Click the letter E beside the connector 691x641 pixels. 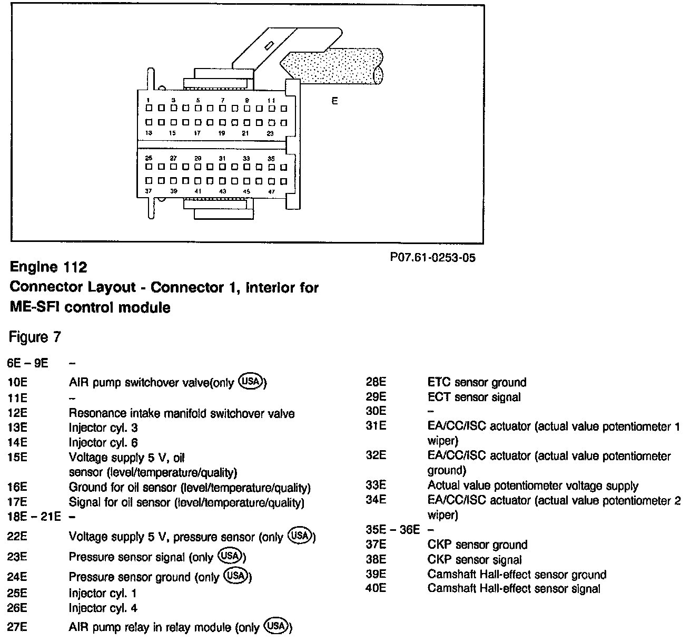coord(334,101)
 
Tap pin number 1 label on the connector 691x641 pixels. coord(149,100)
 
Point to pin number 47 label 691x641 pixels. coord(271,191)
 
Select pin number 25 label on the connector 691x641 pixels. coord(149,158)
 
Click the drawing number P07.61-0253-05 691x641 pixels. coord(432,258)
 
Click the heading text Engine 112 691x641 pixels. coord(48,267)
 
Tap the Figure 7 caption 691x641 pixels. coord(35,336)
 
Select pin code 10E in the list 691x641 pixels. coord(17,383)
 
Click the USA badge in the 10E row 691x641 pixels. coord(251,381)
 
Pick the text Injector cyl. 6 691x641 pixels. coord(103,443)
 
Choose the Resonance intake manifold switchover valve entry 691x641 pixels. coord(182,413)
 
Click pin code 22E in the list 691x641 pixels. coord(17,537)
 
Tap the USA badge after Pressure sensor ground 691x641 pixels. coord(235,575)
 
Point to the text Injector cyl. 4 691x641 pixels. coord(103,608)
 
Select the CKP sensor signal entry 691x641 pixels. coord(475,560)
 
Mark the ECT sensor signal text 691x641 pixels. coord(474,397)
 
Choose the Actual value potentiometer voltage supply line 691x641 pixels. coord(532,486)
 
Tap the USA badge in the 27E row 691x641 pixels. coord(277,626)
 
